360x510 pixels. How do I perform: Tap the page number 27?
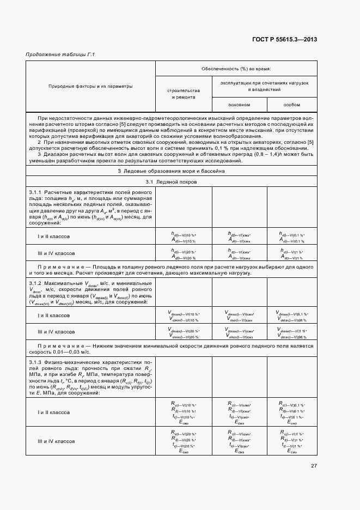click(314, 465)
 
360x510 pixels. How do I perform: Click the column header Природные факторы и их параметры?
click(90, 86)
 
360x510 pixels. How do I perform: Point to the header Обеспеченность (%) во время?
click(236, 69)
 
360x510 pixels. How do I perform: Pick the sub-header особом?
click(291, 105)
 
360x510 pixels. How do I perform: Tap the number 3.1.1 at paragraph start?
click(36, 193)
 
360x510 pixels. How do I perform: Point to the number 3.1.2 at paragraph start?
click(36, 283)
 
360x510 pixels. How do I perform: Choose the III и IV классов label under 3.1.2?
click(56, 331)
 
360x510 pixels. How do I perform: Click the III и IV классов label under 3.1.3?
click(56, 440)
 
